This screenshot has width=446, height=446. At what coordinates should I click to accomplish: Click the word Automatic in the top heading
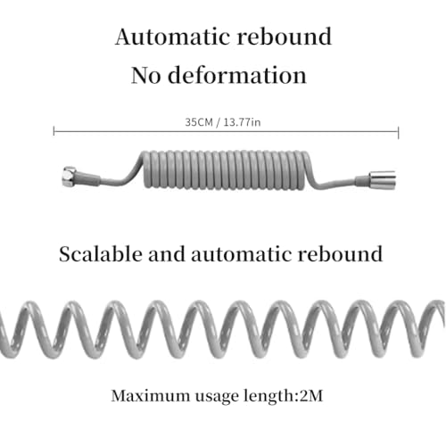173,37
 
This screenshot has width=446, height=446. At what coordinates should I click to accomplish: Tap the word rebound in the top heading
285,36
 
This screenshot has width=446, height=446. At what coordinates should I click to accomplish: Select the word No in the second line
145,76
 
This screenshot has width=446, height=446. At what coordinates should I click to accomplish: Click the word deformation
237,75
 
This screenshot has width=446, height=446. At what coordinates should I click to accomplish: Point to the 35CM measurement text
199,122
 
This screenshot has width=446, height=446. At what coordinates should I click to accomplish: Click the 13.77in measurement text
242,122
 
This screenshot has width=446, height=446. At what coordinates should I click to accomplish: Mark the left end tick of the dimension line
54,131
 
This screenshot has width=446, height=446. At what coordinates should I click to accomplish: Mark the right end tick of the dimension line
398,132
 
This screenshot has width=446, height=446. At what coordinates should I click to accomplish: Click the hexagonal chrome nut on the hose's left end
70,177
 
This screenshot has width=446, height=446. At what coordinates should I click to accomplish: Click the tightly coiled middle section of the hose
227,170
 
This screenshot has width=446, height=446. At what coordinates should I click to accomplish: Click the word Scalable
100,254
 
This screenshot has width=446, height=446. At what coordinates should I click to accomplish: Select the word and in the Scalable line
166,254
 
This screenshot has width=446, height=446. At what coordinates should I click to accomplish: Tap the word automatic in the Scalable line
241,255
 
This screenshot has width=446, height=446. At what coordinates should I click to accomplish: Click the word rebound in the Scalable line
340,254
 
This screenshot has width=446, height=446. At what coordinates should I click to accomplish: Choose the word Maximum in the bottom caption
150,396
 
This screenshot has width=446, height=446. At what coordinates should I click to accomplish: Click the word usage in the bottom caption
217,398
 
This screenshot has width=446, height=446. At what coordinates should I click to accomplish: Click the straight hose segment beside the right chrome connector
334,183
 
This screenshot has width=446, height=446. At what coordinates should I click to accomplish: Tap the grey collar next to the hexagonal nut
88,179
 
